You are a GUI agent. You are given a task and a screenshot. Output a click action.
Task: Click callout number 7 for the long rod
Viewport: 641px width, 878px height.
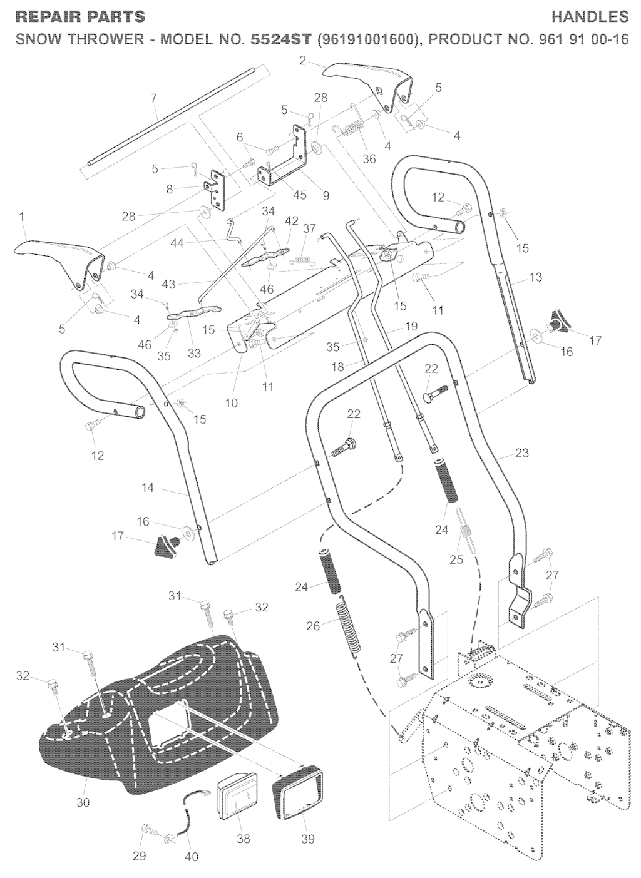(154, 98)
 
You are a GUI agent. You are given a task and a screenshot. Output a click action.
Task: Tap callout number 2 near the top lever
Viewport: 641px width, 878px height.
(303, 61)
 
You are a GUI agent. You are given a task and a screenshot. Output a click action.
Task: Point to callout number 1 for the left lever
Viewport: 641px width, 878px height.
(23, 217)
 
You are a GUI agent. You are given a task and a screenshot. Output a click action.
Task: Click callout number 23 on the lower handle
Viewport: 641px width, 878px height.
(521, 452)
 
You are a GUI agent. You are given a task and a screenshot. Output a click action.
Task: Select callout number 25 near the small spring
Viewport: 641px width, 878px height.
(456, 559)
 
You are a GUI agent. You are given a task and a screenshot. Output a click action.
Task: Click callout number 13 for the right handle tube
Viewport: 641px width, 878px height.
(535, 277)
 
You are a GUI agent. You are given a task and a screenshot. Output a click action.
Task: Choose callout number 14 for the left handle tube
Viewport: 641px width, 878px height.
(148, 487)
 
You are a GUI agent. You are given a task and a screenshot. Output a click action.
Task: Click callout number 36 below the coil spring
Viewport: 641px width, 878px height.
(369, 158)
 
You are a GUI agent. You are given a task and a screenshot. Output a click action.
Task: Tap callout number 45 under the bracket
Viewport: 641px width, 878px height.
(300, 195)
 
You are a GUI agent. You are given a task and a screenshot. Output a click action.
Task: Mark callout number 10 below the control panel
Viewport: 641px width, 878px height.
(232, 403)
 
